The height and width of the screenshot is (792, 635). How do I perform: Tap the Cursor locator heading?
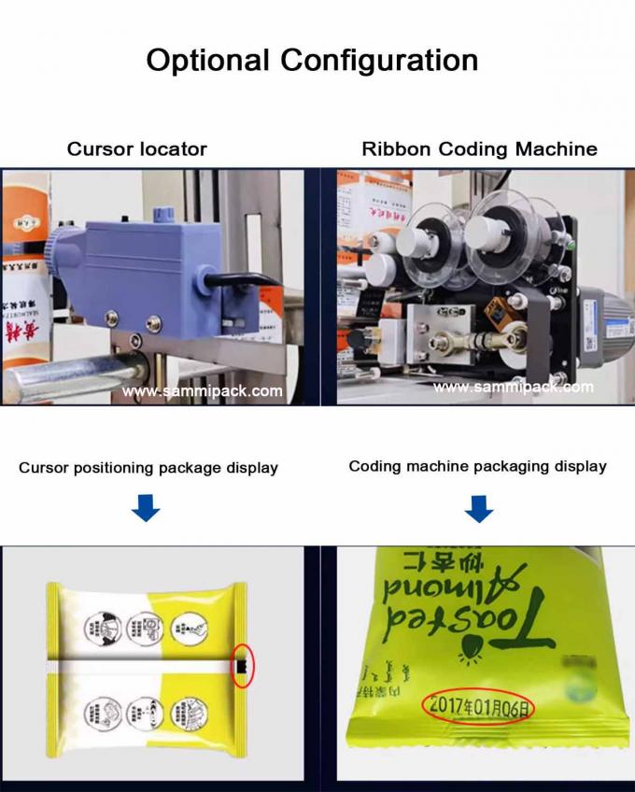(x=136, y=148)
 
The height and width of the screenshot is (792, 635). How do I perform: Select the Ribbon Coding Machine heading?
(x=479, y=148)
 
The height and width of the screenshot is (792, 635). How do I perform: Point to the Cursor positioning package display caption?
(x=148, y=467)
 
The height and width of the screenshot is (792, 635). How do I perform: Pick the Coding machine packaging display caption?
(x=477, y=466)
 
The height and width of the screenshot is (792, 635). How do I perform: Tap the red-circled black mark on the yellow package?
(x=241, y=663)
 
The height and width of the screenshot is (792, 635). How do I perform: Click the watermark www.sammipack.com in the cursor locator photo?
(x=202, y=391)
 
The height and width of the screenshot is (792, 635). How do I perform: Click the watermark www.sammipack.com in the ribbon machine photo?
(x=513, y=387)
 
